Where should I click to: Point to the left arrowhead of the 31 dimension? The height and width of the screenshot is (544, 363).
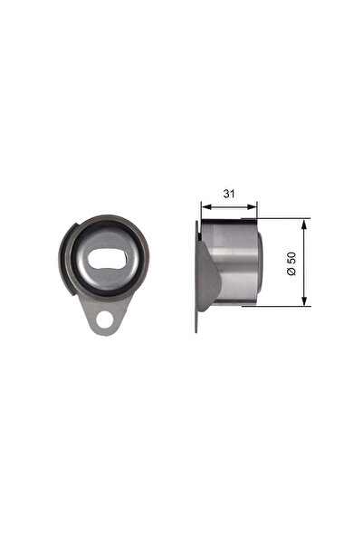tap(201, 205)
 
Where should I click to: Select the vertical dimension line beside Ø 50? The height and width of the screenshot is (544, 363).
tap(305, 262)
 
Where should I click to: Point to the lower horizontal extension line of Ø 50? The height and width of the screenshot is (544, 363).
tap(285, 306)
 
